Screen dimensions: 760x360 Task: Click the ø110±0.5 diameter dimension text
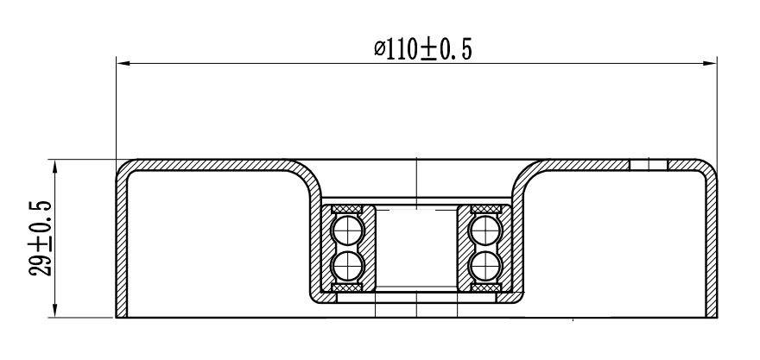click(x=422, y=49)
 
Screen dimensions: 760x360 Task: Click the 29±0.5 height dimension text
click(x=41, y=238)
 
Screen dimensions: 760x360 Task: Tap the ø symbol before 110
click(x=379, y=49)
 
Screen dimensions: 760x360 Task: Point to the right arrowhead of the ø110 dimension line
click(x=711, y=63)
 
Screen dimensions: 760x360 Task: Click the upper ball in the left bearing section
click(x=347, y=231)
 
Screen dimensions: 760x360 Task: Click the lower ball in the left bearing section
click(x=347, y=266)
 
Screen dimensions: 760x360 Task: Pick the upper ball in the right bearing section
click(x=485, y=231)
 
